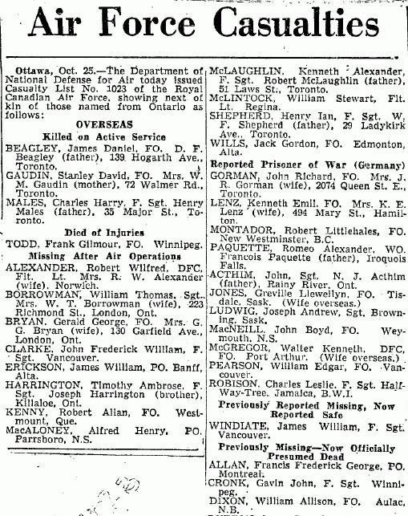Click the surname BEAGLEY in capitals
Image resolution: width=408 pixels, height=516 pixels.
click(x=30, y=148)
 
